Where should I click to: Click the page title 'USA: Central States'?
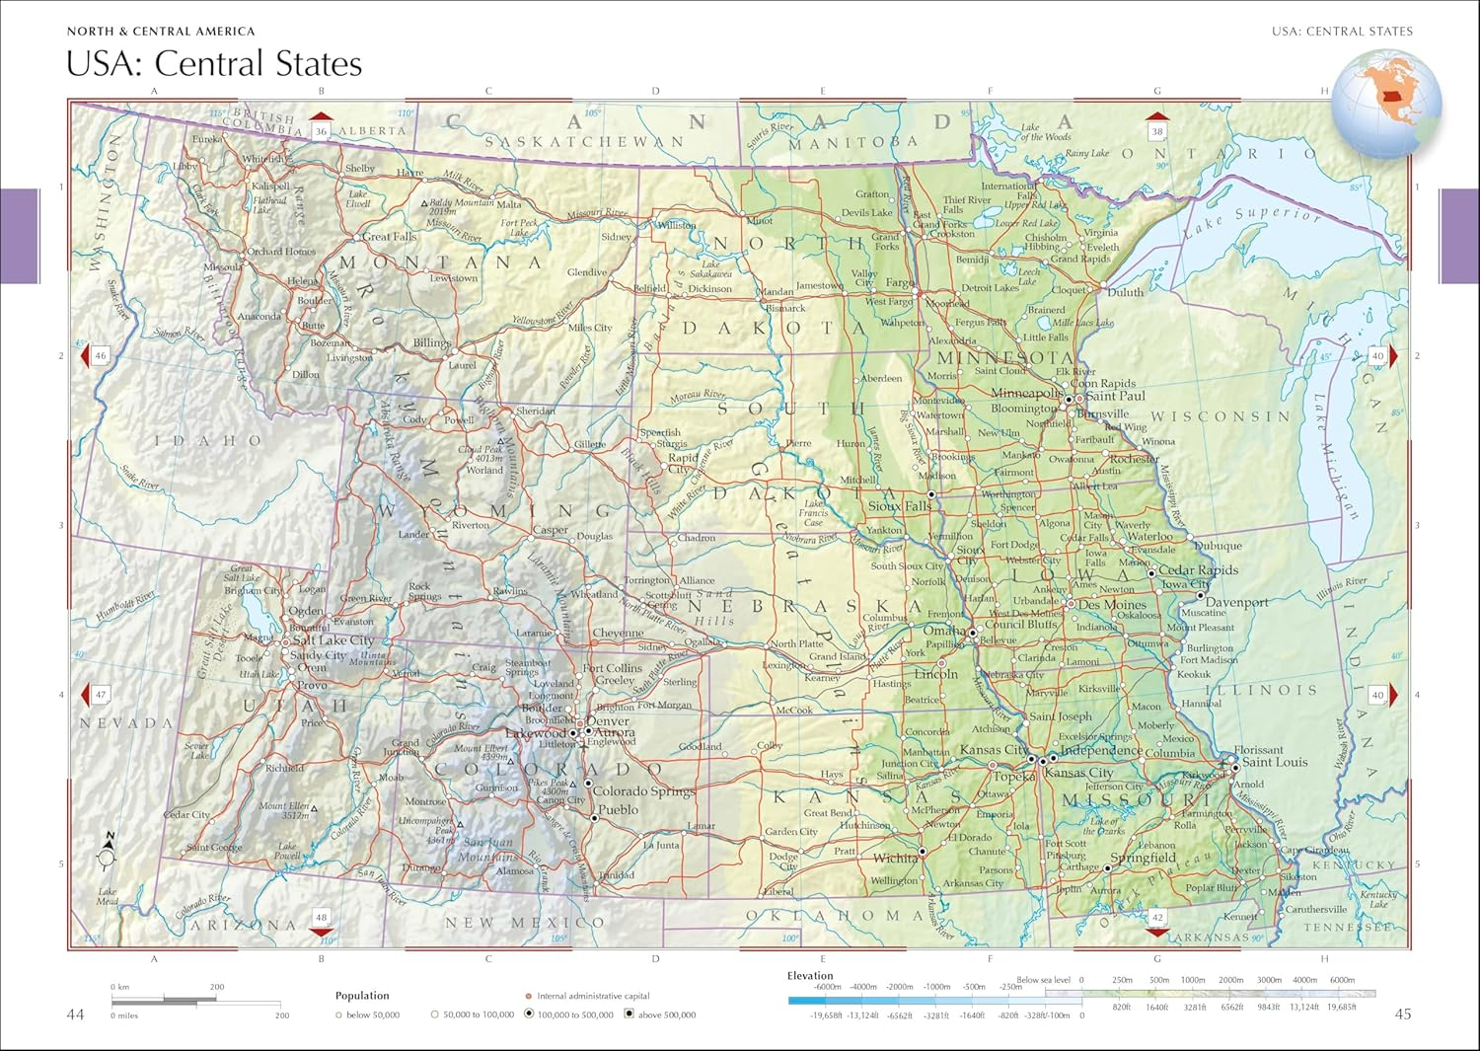click(x=214, y=64)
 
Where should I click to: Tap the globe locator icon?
click(x=1385, y=105)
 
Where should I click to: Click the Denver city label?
click(x=608, y=721)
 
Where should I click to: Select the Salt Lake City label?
click(x=333, y=640)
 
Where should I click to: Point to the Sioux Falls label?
click(x=900, y=506)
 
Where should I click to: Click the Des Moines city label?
click(x=1112, y=605)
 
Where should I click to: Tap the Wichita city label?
click(x=895, y=858)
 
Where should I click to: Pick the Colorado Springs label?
click(x=643, y=791)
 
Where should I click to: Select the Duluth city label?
click(x=1125, y=292)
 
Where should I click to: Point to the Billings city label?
click(x=431, y=343)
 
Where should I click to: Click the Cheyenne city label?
click(x=618, y=634)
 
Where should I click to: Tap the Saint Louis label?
click(x=1275, y=762)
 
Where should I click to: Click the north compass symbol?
click(x=107, y=852)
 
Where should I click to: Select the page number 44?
click(x=75, y=1014)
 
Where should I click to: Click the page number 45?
click(x=1402, y=1014)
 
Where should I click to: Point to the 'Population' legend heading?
click(x=362, y=996)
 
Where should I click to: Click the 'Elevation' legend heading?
click(x=810, y=976)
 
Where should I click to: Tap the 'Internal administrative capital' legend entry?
click(x=593, y=997)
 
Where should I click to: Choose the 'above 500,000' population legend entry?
click(x=666, y=1014)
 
